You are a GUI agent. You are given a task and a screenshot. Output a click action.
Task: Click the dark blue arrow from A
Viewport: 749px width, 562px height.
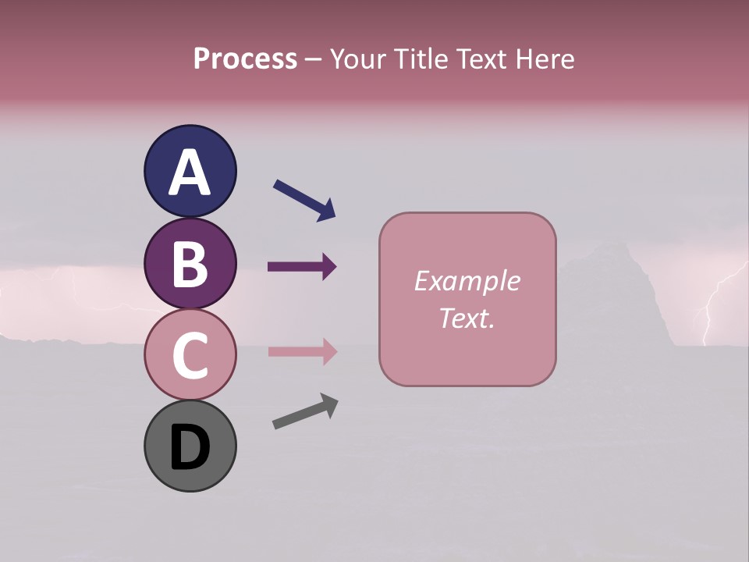(304, 199)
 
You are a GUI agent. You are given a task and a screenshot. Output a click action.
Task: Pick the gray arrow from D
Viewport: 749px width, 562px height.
(305, 411)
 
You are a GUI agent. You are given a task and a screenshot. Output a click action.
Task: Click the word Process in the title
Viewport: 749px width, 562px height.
(245, 59)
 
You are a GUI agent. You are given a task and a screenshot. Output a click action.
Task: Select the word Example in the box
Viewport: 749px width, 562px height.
(467, 281)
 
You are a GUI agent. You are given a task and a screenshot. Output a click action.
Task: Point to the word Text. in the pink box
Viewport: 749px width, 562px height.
(467, 318)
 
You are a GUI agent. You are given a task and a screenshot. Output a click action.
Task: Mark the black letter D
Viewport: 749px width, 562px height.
(190, 448)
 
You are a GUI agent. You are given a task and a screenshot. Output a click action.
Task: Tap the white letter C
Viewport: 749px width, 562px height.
(190, 356)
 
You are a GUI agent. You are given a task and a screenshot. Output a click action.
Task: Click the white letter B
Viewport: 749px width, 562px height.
(190, 264)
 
